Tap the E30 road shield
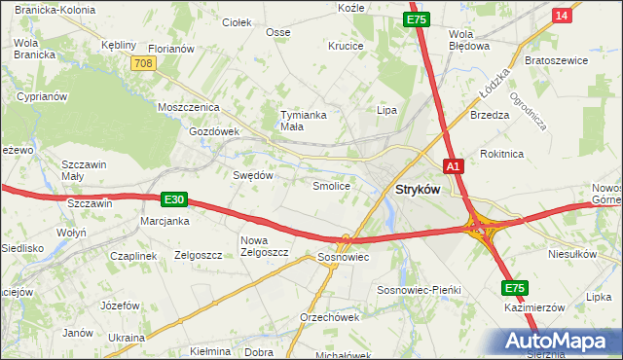[173, 199]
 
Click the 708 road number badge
[143, 62]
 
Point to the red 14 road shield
[561, 16]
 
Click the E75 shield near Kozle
[417, 18]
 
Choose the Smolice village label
[330, 185]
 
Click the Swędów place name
[253, 175]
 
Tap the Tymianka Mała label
[303, 120]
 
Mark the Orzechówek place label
[330, 317]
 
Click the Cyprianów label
[42, 97]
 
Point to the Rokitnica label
[502, 154]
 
